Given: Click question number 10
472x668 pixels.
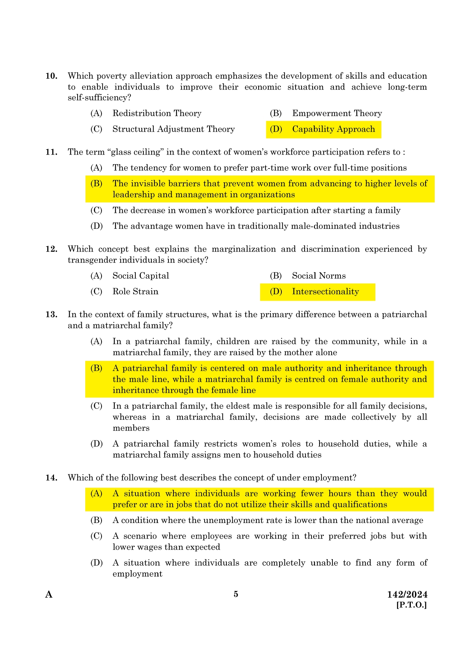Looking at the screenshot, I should (x=51, y=76).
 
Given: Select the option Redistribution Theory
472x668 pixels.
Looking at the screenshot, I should (x=157, y=113).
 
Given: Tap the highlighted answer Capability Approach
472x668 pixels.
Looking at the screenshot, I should (x=333, y=129).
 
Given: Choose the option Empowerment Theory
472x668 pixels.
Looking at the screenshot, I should (x=337, y=113).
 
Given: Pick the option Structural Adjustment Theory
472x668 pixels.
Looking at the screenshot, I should (x=173, y=129).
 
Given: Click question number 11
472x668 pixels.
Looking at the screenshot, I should (x=51, y=152).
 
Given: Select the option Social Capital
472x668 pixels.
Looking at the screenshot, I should (x=141, y=276).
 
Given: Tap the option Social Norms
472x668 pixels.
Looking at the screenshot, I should (x=319, y=276).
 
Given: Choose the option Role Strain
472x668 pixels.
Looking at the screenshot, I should (x=135, y=292).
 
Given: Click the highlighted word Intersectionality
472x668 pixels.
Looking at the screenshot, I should (x=325, y=292).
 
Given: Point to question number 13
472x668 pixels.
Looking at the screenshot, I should (x=51, y=314).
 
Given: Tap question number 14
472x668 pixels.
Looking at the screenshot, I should (x=51, y=478).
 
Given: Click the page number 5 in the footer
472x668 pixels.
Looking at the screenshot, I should (x=236, y=594).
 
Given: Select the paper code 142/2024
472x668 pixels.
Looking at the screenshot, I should (x=407, y=595).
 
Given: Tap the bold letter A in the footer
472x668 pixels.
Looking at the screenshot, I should (x=49, y=595).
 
